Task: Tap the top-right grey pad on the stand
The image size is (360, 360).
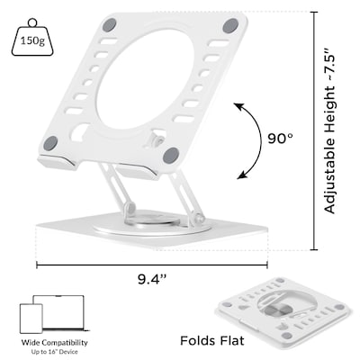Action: (230, 26)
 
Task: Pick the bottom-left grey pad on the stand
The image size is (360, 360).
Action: (50, 143)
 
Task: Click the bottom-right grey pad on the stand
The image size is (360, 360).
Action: (170, 156)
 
